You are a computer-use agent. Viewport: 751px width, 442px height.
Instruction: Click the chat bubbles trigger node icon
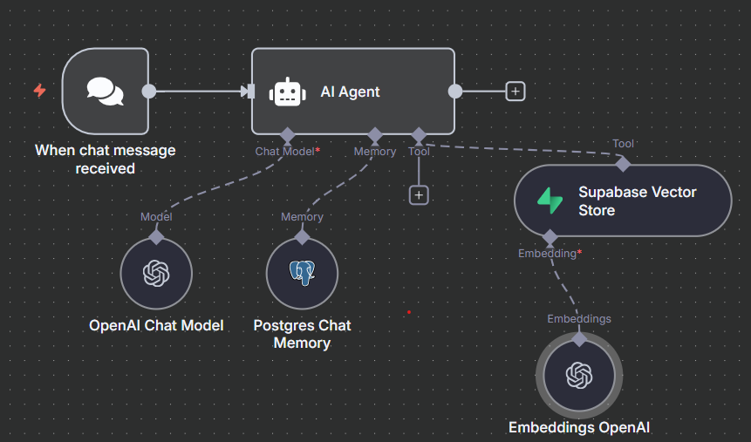click(105, 92)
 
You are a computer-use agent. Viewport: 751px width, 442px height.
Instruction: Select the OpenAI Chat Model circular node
click(156, 273)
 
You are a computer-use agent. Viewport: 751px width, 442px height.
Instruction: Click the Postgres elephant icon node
click(302, 273)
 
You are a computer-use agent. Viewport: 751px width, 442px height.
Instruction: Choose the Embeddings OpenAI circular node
click(579, 375)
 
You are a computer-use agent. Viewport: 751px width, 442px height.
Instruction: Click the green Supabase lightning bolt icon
click(550, 201)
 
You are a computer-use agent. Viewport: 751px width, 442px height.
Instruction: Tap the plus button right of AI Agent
click(515, 91)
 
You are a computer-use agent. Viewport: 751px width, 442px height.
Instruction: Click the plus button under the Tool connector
click(420, 195)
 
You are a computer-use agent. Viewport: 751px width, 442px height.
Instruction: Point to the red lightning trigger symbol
click(39, 90)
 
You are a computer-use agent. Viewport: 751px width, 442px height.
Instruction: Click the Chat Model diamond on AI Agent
click(288, 135)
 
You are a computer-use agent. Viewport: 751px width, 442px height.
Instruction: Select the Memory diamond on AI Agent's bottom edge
click(375, 135)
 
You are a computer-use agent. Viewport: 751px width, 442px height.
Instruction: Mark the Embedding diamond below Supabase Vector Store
click(550, 237)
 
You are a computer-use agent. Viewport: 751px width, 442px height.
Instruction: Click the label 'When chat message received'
click(105, 159)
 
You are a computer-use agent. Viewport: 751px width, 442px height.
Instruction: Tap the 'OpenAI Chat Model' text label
click(156, 325)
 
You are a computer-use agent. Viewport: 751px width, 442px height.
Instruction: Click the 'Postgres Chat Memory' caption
click(302, 334)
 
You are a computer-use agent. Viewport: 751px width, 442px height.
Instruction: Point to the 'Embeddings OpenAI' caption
click(579, 427)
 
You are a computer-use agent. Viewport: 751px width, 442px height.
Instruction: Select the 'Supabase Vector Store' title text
click(637, 201)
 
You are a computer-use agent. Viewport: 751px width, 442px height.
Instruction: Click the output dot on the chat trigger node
click(149, 91)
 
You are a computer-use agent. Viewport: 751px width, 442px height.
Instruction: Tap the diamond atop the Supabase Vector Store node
click(623, 163)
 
